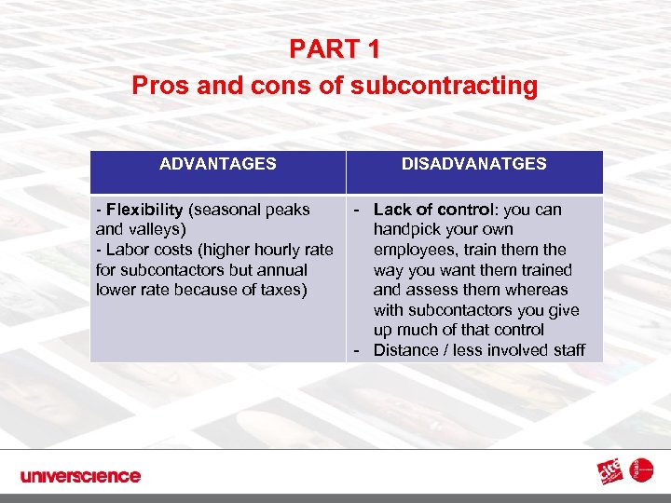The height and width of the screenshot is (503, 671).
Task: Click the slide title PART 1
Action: (x=335, y=48)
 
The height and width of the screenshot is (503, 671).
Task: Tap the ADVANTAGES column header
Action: (x=217, y=164)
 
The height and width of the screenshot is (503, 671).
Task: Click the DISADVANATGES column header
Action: (x=473, y=164)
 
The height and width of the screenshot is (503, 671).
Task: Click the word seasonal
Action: (x=226, y=210)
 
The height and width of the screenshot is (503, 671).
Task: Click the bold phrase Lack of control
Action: (x=431, y=210)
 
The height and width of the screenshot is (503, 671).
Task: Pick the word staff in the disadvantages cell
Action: (x=567, y=350)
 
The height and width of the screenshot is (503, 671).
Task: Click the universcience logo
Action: (x=80, y=476)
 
